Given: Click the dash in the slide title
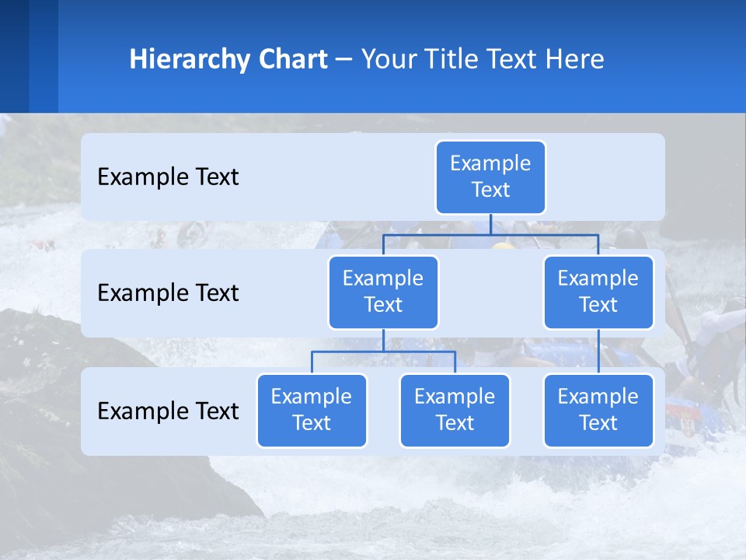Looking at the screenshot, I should point(343,60).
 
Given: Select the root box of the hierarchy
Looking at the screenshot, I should point(490,177).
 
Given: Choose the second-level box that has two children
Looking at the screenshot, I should point(383,292).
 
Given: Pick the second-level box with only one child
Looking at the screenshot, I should point(598,292).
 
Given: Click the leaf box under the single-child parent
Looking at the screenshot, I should point(598,411).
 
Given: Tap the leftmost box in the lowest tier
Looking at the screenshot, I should point(312,411).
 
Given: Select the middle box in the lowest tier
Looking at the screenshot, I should point(455,411).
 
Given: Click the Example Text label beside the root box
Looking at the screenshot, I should point(168,177).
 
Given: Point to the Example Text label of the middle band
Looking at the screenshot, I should point(168,293).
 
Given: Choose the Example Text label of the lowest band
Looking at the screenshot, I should point(168,411).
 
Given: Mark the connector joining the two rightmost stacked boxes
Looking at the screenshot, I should point(598,352).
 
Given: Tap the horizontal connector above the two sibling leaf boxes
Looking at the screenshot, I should point(383,352).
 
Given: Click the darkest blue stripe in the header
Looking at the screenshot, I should point(14,56).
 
